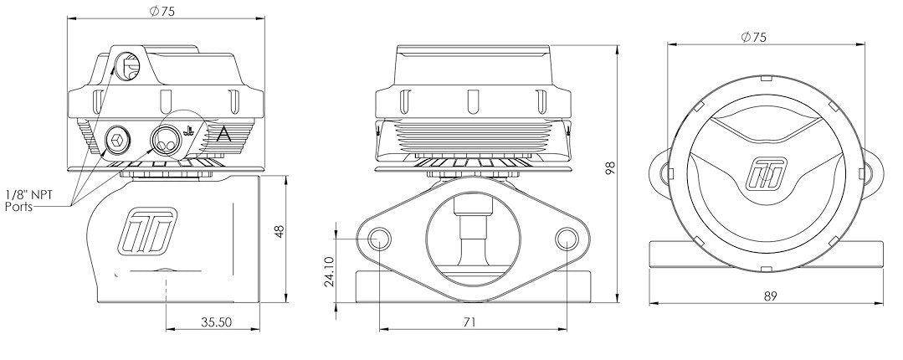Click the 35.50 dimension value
(216, 322)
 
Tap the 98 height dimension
(611, 167)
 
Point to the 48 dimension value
(280, 232)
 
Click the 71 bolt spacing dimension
(469, 322)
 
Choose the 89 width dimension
(771, 296)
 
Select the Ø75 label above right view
(753, 38)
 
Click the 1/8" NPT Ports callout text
(28, 201)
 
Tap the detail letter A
(223, 136)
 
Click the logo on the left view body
(146, 230)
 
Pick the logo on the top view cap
(767, 173)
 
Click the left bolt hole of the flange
(379, 239)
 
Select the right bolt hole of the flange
(567, 239)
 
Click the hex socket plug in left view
(117, 139)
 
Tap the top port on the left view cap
(127, 65)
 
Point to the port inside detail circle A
(164, 140)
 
